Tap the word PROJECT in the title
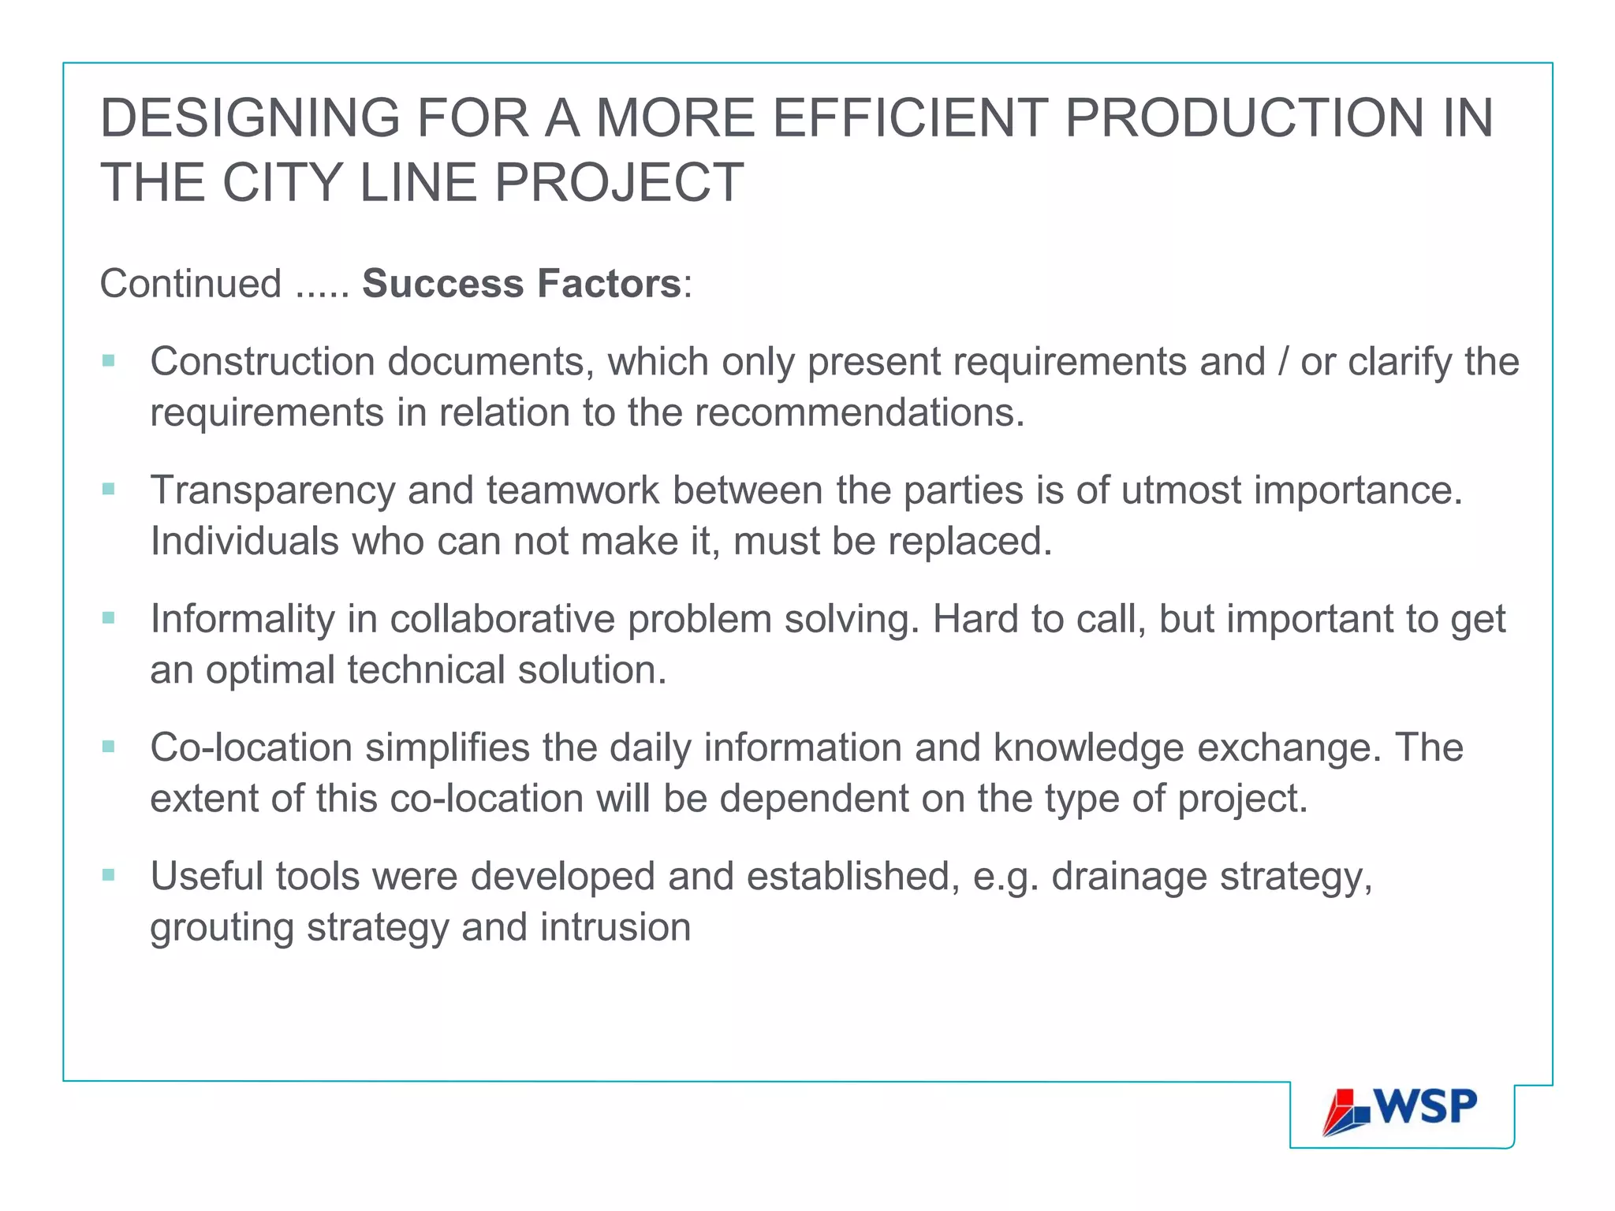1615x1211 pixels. [x=619, y=183]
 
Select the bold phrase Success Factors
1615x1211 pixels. [x=521, y=284]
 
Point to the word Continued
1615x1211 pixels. [x=191, y=284]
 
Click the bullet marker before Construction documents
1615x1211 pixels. [x=109, y=362]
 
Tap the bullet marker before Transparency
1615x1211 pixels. [x=109, y=490]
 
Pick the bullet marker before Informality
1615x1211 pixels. [x=109, y=619]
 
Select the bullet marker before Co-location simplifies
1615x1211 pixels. [x=109, y=747]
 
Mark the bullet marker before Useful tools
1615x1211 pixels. [x=109, y=875]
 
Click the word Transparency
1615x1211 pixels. [x=273, y=491]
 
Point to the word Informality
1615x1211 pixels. [x=242, y=619]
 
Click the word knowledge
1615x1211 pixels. [x=1088, y=747]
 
